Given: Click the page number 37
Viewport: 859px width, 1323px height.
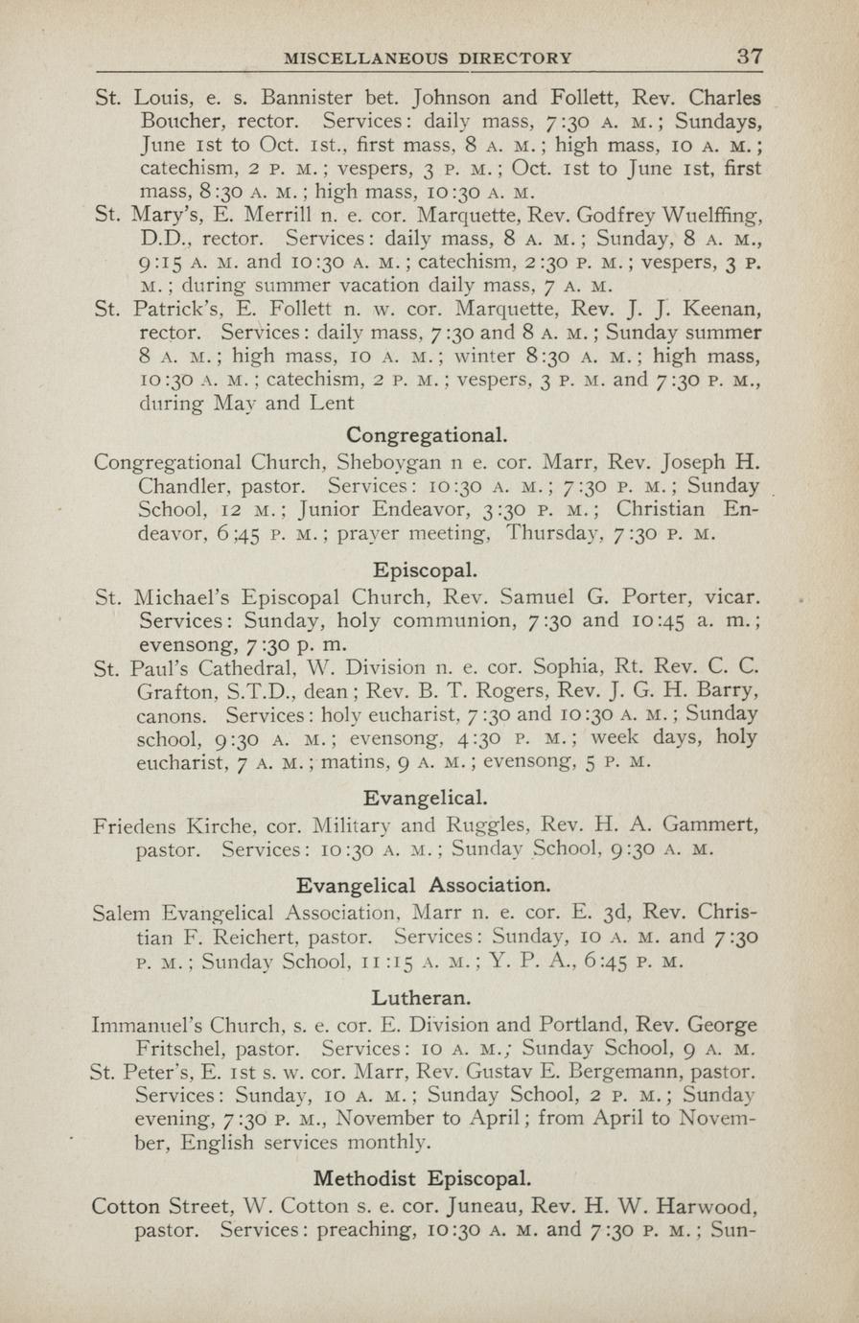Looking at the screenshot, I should pyautogui.click(x=750, y=56).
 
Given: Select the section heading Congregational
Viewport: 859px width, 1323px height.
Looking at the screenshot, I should pyautogui.click(x=427, y=434).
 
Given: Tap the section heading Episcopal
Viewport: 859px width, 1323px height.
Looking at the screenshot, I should pyautogui.click(x=427, y=569).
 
